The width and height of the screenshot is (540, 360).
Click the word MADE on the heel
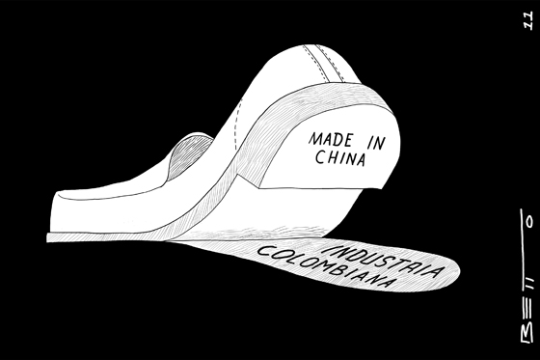[331, 139]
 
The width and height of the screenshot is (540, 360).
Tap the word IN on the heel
[376, 142]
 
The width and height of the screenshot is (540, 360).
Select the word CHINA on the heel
[340, 158]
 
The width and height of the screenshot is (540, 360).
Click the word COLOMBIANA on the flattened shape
[326, 266]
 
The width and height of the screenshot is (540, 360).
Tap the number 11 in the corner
[528, 19]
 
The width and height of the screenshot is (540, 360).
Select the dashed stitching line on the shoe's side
[237, 125]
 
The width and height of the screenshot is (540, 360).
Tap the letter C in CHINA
[320, 156]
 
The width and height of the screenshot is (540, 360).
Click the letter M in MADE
[315, 139]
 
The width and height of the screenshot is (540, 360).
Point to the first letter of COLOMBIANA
[262, 251]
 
